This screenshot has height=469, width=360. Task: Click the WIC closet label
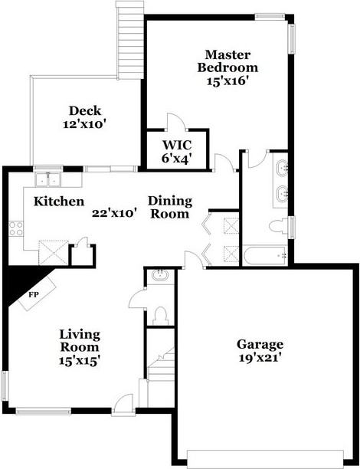pos(175,145)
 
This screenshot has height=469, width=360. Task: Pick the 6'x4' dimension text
pos(175,158)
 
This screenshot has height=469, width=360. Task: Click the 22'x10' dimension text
pos(113,214)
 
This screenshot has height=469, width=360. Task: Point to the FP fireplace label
pos(34,294)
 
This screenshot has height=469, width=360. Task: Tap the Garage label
pos(260,344)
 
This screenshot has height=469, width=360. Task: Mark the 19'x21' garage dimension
pos(260,357)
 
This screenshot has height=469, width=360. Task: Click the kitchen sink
pos(52,180)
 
